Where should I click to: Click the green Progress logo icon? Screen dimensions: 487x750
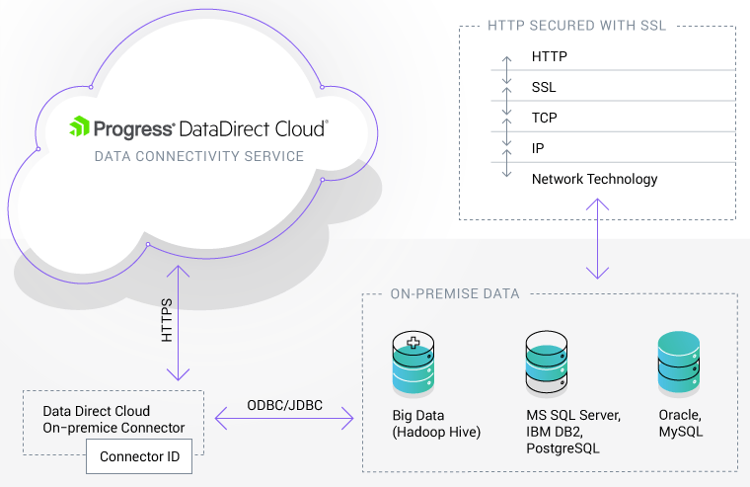coord(79,127)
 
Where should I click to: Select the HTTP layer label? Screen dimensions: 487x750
coord(549,57)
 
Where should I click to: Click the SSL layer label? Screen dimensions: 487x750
coord(544,88)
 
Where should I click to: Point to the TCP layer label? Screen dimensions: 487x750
coord(545,119)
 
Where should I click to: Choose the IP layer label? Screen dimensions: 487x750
coord(538,149)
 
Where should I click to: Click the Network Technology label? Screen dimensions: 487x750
coord(594,180)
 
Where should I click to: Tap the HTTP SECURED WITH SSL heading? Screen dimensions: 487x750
coord(577,26)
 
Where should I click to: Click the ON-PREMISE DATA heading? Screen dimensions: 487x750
coord(455,293)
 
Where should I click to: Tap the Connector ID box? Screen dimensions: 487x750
coord(139,457)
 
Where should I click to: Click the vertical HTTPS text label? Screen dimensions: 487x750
coord(167,321)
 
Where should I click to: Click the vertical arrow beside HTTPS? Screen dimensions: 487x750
coord(178,322)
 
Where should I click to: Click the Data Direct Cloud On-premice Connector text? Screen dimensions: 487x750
coord(113,420)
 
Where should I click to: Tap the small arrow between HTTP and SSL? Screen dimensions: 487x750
coord(507,71)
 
